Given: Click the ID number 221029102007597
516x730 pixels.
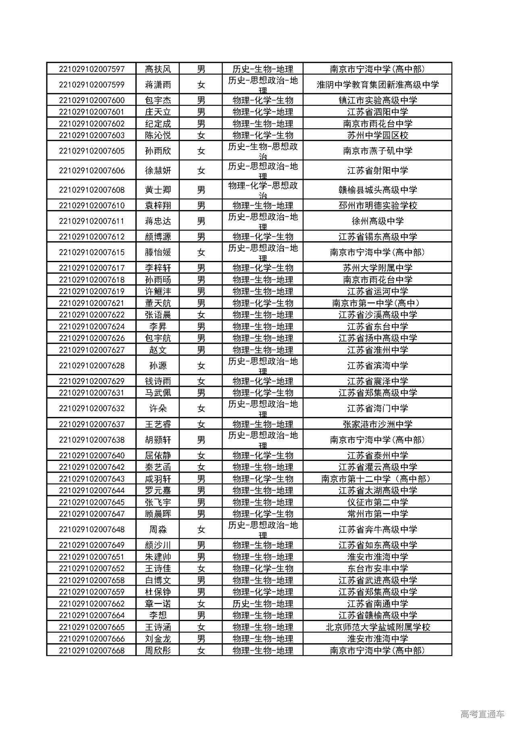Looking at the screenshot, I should point(92,69).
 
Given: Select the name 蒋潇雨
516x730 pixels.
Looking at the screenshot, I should point(158,85).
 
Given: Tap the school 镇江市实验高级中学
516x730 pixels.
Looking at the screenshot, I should point(377,100).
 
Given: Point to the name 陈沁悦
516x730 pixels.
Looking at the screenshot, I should point(158,136).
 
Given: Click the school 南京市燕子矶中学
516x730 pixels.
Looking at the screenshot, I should point(377,151).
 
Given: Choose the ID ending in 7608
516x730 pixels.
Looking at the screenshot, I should point(92,190).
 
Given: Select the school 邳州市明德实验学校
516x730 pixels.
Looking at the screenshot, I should point(377,206).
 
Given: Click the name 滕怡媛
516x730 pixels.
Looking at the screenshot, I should point(158,252).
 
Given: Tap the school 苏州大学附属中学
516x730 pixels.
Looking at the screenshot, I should point(377,268).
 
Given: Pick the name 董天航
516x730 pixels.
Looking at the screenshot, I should point(158,303).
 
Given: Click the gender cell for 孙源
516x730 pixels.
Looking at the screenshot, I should point(201,366).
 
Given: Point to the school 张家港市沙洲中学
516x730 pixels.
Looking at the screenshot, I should point(377,424).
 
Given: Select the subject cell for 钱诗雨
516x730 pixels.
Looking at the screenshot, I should point(262,381).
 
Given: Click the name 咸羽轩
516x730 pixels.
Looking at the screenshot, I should point(158,479).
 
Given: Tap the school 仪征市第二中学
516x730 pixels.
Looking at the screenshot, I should point(377,503).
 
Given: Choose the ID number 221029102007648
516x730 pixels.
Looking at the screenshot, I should point(92,530).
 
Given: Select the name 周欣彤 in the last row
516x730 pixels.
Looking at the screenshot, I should point(158,651).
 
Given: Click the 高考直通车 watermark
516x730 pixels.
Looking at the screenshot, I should point(482,714).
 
